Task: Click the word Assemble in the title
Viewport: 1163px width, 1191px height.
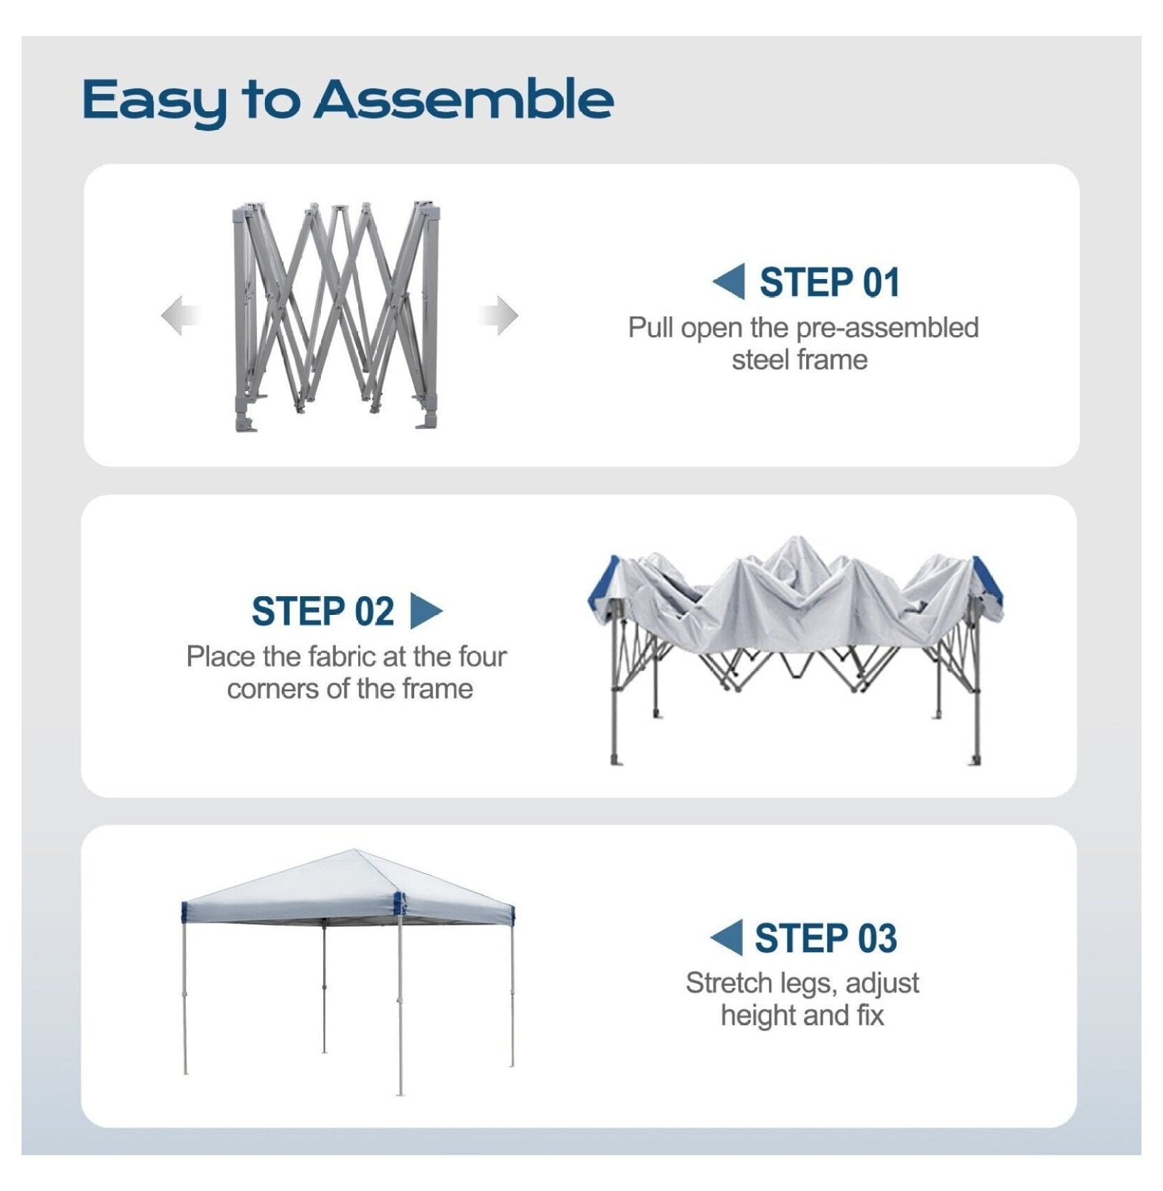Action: [x=464, y=98]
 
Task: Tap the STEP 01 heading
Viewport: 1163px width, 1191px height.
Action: [x=829, y=282]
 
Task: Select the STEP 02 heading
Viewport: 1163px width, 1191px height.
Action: [x=322, y=611]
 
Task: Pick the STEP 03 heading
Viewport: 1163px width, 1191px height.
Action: [x=826, y=938]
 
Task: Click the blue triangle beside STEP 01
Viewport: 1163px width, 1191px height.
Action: [x=729, y=281]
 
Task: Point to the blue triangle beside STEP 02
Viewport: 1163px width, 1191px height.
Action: [x=426, y=611]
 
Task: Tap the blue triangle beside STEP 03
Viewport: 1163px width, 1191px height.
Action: [x=727, y=938]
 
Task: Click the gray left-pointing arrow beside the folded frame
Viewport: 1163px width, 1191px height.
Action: [x=179, y=315]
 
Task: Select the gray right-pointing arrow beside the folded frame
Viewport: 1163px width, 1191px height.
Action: [x=498, y=315]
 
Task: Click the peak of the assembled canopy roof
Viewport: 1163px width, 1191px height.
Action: [x=355, y=851]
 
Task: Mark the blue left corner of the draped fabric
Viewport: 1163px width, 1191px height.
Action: [x=604, y=582]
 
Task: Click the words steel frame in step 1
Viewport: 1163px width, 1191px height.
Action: [x=800, y=360]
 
